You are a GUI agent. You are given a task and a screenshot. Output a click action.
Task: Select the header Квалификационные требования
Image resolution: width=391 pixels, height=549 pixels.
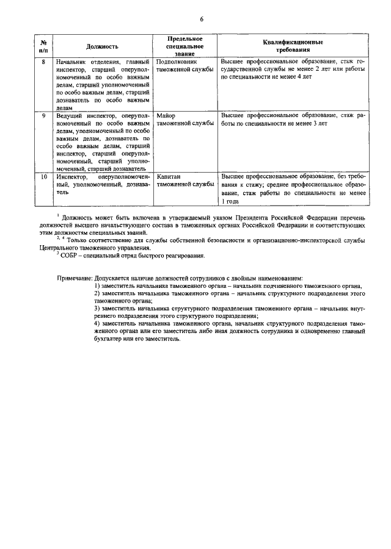(x=293, y=46)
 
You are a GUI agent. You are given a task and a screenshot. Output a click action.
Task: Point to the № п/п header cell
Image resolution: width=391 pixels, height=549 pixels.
(x=43, y=46)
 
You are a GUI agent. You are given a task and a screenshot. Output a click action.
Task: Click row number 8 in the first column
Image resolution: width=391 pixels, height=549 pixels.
(x=43, y=62)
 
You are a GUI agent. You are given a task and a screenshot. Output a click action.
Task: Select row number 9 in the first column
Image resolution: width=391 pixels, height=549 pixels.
(x=43, y=115)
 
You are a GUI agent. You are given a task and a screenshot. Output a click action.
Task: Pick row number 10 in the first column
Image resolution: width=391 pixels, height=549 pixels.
(x=43, y=176)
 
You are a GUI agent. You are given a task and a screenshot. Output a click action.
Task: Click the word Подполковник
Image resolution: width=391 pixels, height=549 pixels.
(x=177, y=62)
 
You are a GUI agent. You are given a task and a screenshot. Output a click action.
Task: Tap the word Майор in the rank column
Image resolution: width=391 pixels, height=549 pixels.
(x=166, y=115)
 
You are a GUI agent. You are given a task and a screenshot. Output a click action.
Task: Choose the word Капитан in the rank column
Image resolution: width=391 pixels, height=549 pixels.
(x=169, y=176)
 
